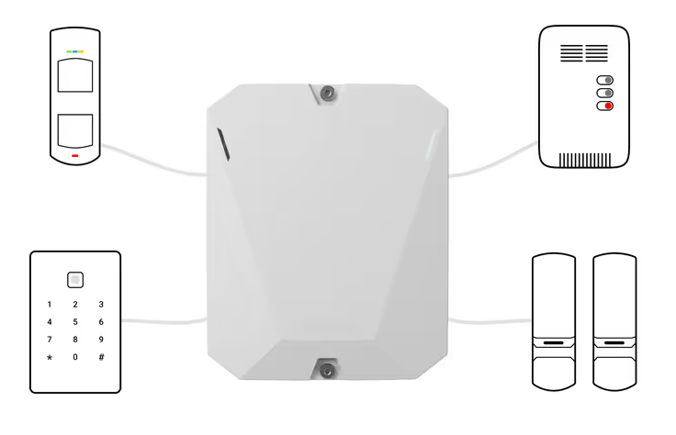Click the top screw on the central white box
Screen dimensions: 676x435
pos(327,93)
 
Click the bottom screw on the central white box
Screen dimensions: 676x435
pos(327,371)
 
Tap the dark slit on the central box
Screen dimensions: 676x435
pos(223,144)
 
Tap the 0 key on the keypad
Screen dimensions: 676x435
pos(75,357)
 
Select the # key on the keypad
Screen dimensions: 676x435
pos(101,357)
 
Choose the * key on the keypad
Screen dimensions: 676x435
pos(50,358)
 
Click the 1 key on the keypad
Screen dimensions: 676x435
pos(50,305)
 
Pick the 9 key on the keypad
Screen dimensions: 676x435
pos(101,340)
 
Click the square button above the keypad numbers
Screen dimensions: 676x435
pos(75,280)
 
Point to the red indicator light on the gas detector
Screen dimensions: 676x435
pos(608,106)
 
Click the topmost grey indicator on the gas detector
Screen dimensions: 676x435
pos(608,80)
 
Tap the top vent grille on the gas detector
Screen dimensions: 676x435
pos(584,53)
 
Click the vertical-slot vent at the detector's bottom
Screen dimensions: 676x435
pos(585,160)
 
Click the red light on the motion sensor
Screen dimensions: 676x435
pos(75,155)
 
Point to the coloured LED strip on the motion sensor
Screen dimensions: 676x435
pos(75,51)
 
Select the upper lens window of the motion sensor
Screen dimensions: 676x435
pos(75,75)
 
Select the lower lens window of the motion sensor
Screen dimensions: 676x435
pos(75,131)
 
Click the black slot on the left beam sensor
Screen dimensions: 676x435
pos(554,343)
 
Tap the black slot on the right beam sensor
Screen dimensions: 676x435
pos(614,343)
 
